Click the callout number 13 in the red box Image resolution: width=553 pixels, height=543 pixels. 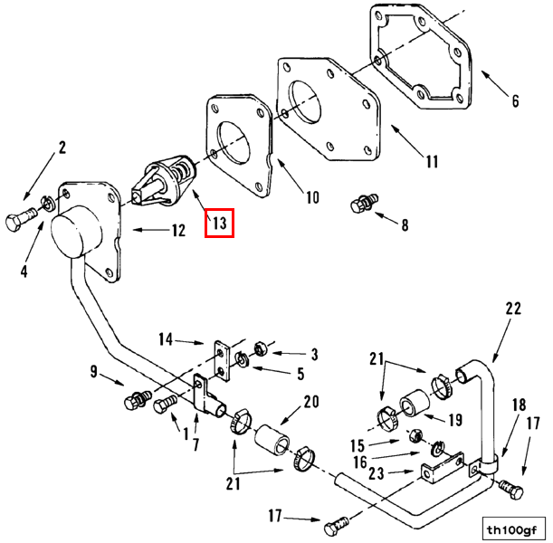(219, 223)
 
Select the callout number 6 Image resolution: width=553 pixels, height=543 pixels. (515, 100)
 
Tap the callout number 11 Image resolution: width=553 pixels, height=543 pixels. (432, 162)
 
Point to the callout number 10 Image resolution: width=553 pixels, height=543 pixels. (312, 197)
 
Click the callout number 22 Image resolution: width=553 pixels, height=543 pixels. (513, 309)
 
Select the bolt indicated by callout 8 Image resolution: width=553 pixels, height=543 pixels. (365, 203)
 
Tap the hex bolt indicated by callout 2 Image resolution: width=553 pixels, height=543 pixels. (21, 219)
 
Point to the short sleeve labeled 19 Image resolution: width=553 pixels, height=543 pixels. (414, 403)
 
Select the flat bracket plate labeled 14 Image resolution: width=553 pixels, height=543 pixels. (222, 361)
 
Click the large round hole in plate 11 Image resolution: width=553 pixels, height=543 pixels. (305, 102)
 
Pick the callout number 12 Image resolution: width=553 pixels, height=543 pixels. (179, 231)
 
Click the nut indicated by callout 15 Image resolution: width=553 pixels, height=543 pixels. (415, 436)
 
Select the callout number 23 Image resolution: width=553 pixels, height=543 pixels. (376, 473)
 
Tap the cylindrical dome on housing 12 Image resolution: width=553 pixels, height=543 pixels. (77, 232)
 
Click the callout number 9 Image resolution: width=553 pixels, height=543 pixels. (93, 371)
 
